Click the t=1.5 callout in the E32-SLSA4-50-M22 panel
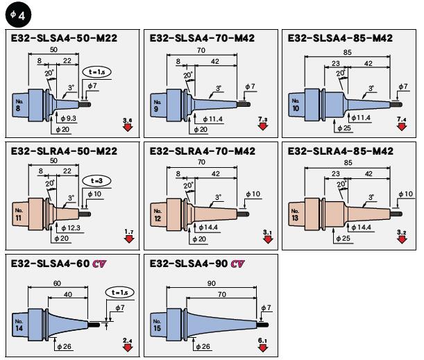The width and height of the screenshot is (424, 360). [96, 71]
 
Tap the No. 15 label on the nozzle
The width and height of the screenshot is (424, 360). [158, 326]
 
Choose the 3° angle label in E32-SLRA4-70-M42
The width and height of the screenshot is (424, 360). [219, 198]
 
